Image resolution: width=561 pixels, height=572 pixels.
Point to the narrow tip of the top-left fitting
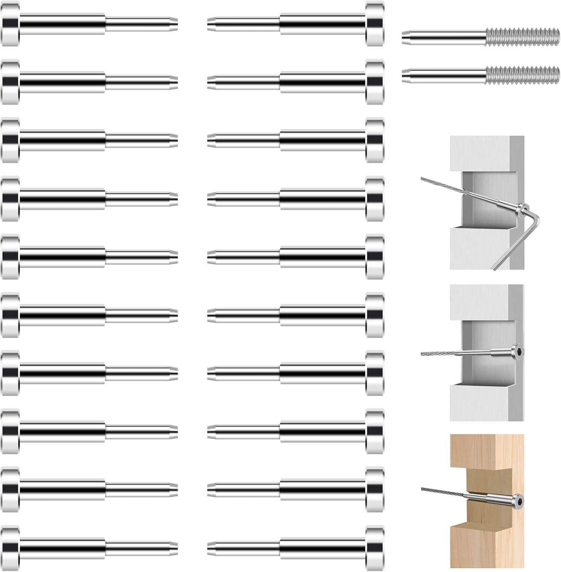[x=173, y=24]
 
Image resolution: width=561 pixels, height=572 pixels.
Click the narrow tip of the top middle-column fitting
[x=212, y=24]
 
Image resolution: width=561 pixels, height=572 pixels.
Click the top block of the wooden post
[x=487, y=450]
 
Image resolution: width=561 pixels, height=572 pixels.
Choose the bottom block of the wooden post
[x=487, y=549]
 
